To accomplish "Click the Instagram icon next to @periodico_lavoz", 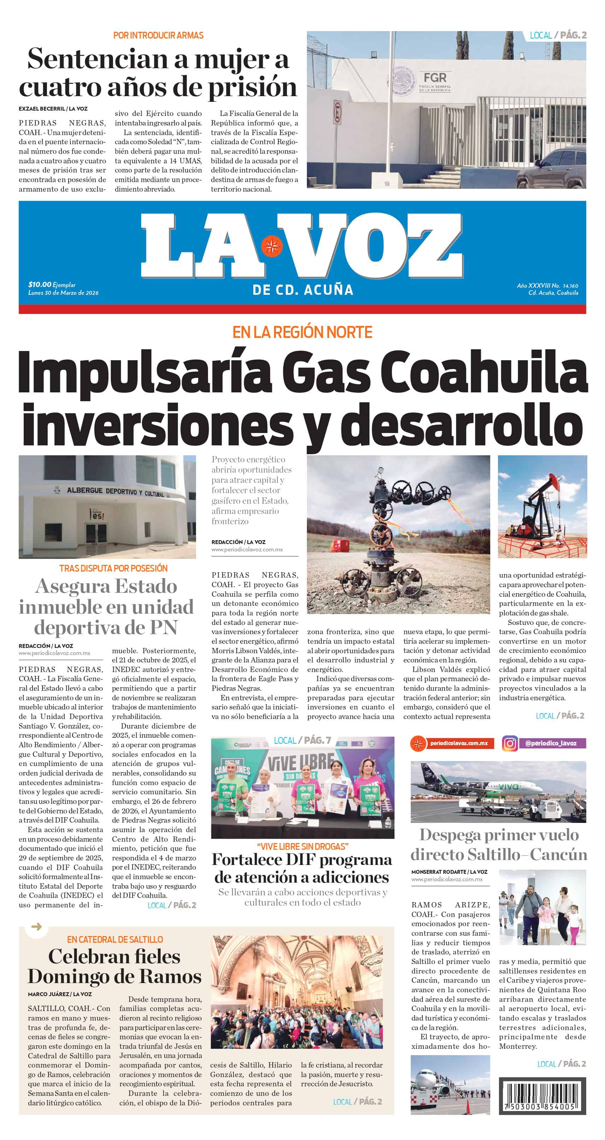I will (510, 743).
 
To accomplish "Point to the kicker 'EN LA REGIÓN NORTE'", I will (302, 332).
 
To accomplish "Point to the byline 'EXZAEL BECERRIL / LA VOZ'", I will (53, 109).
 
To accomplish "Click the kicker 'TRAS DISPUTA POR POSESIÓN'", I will (113, 568).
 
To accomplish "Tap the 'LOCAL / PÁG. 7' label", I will (302, 740).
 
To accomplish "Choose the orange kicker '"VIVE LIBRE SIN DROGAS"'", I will (302, 847).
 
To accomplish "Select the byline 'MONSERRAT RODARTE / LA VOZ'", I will (449, 872).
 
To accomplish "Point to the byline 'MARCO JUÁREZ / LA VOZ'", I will (60, 994).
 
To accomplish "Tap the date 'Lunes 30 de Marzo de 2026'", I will (63, 293).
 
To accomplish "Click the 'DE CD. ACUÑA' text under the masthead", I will (302, 290).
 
